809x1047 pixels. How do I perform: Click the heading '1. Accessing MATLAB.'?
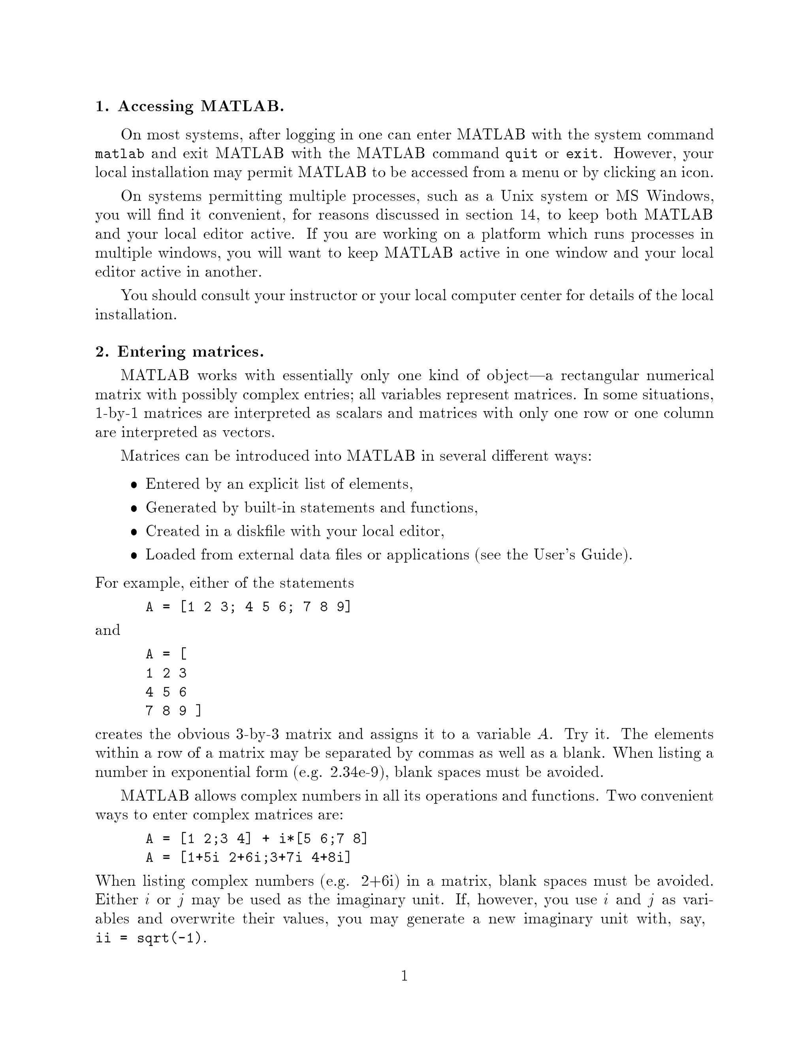[189, 106]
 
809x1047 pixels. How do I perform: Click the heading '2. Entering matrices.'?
[179, 352]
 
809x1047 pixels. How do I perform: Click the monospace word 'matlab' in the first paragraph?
[119, 154]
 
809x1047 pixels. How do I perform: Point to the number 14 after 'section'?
[527, 215]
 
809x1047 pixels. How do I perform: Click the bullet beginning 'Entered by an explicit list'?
[279, 484]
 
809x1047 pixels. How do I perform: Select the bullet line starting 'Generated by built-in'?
[312, 508]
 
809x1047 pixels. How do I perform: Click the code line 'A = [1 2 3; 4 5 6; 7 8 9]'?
[248, 607]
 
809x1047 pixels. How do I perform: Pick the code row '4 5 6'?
[166, 692]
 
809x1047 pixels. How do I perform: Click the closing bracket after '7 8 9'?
[198, 710]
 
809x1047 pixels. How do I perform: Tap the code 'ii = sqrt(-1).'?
[151, 938]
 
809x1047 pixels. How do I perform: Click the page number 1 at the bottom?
[404, 976]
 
